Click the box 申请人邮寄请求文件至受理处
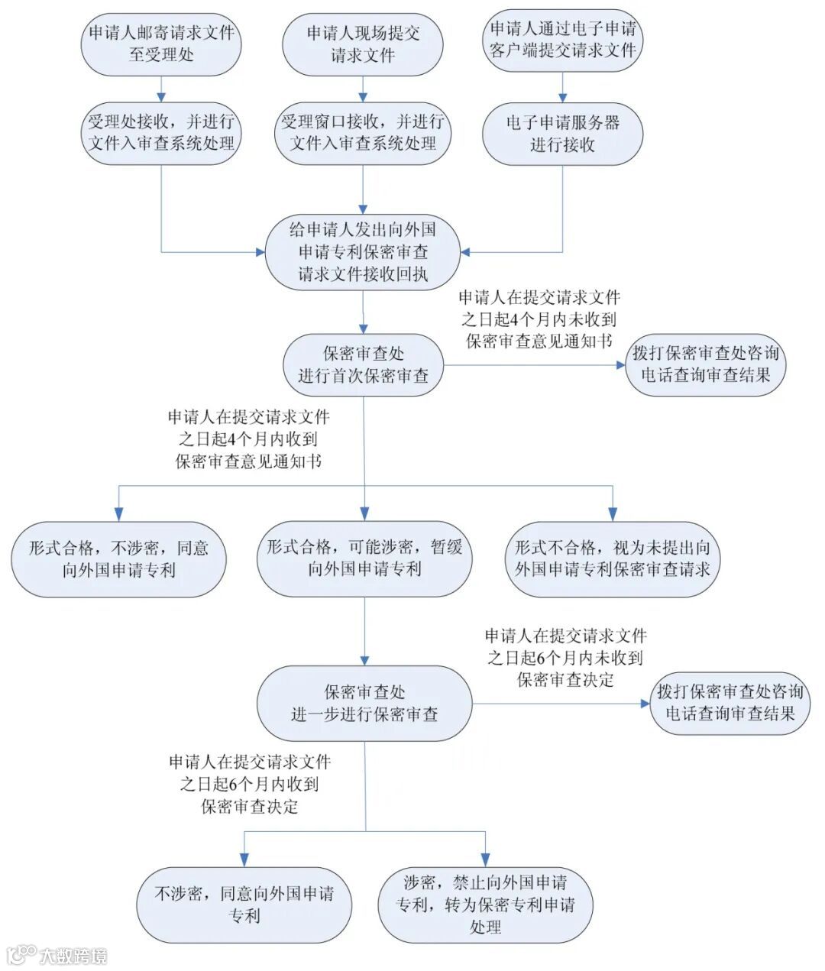(161, 43)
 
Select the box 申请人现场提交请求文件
(363, 44)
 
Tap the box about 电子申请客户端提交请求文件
(563, 40)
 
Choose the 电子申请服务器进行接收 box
(563, 133)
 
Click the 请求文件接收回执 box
(363, 252)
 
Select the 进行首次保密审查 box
(363, 364)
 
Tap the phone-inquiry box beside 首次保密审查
(705, 364)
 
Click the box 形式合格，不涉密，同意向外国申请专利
(118, 558)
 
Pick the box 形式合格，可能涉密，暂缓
(364, 558)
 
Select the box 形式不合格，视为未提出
(613, 558)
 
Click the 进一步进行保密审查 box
(364, 703)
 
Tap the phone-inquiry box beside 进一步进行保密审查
(730, 703)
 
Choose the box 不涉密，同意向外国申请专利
(244, 905)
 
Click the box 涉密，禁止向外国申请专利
(485, 905)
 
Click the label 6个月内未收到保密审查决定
(565, 657)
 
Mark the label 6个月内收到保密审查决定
(250, 784)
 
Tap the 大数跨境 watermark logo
(57, 955)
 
